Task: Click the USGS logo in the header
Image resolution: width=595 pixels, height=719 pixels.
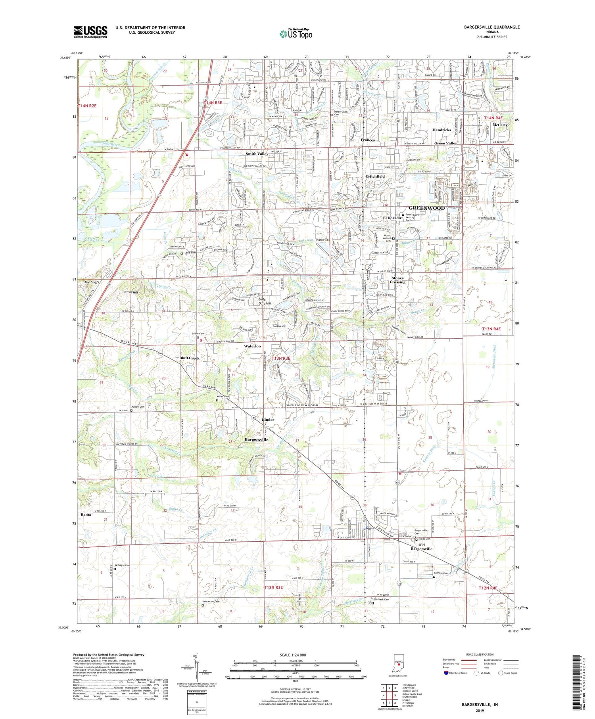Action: click(90, 32)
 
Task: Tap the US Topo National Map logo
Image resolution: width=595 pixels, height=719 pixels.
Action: click(296, 34)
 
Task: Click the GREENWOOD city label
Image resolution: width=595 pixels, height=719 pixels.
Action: click(426, 208)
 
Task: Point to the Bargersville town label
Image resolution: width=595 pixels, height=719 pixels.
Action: click(256, 439)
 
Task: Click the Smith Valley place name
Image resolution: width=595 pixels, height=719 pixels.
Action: click(257, 153)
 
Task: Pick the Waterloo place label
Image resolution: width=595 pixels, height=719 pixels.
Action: click(252, 346)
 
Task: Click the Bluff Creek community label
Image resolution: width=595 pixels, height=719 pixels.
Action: click(189, 358)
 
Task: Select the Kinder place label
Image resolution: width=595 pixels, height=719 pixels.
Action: click(268, 420)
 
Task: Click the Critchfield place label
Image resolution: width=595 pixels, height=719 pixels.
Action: click(375, 176)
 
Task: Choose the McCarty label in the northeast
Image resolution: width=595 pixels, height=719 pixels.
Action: click(500, 125)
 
